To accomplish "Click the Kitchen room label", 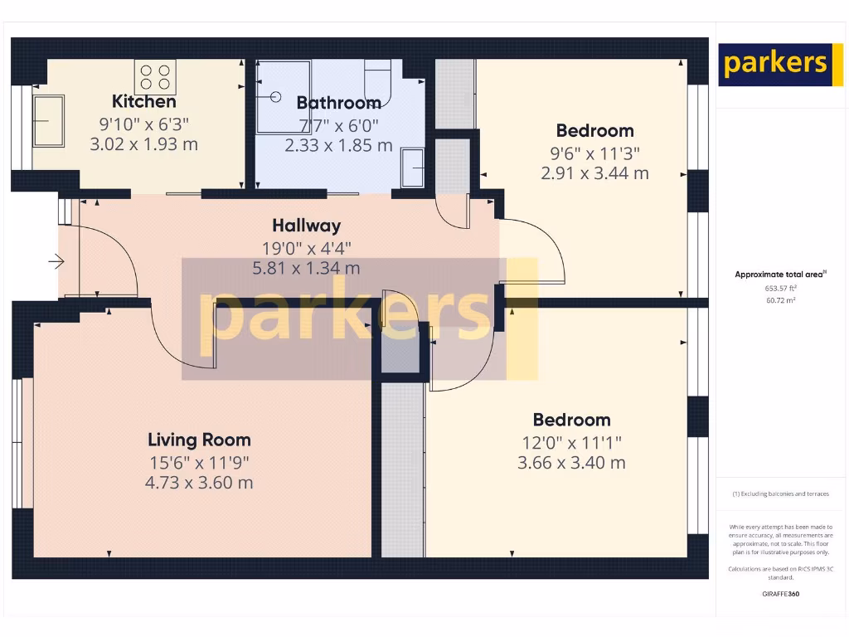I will click(144, 102).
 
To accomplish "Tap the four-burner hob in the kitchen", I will click(155, 78).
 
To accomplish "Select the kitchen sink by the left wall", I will click(48, 120).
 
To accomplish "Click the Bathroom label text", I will click(338, 104).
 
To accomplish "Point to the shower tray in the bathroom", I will click(282, 97).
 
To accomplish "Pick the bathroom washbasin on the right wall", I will click(412, 167).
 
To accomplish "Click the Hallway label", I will click(306, 226).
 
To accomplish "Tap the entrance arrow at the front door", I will click(56, 263).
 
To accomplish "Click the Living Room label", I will click(199, 440).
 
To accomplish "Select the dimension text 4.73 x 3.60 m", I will click(199, 483).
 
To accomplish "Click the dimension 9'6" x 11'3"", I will click(594, 153).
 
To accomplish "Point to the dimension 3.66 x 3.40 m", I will click(571, 463).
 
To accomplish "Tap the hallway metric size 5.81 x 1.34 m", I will click(306, 268).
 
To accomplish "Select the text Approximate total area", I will click(779, 275).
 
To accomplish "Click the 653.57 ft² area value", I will click(780, 288).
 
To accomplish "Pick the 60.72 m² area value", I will click(780, 300).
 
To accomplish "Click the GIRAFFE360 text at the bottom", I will click(780, 594).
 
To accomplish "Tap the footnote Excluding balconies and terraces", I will click(780, 494).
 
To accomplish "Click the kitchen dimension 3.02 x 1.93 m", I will click(144, 144).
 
